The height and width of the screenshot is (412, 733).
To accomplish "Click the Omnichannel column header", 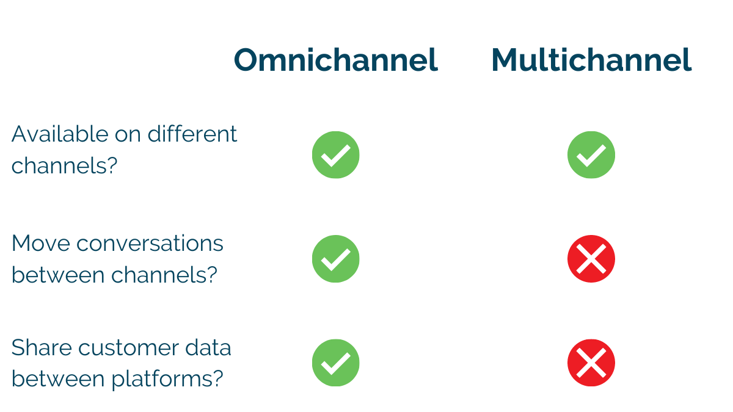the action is coord(336,60).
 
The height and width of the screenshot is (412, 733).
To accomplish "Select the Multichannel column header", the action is coord(591,60).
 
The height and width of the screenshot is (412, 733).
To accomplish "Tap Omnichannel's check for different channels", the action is coord(336,154).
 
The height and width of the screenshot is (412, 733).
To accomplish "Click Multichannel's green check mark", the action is coord(591,154).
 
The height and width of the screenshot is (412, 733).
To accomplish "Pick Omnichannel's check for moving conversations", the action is coord(336,259).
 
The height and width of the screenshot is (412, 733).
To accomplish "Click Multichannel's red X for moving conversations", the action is coord(591,259).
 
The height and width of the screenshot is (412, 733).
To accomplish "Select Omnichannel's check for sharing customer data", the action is coord(336,363).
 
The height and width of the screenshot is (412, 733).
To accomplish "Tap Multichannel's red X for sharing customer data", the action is coord(591,363).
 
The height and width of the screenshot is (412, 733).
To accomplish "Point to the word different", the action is coord(192,134).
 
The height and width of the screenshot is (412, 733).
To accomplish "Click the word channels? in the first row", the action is coord(65,165).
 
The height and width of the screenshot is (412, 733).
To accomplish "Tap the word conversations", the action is coord(150,244).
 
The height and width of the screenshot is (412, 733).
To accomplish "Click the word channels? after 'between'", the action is coord(164,275).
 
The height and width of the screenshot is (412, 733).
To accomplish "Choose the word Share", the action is coord(42,347).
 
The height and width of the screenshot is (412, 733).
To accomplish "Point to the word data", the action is coord(208,347).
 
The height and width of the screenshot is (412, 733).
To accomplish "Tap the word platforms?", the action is coord(167,379).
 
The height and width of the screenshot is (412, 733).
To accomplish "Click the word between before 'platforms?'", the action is coord(58,378).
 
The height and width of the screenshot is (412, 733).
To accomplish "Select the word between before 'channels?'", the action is coord(58,275).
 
